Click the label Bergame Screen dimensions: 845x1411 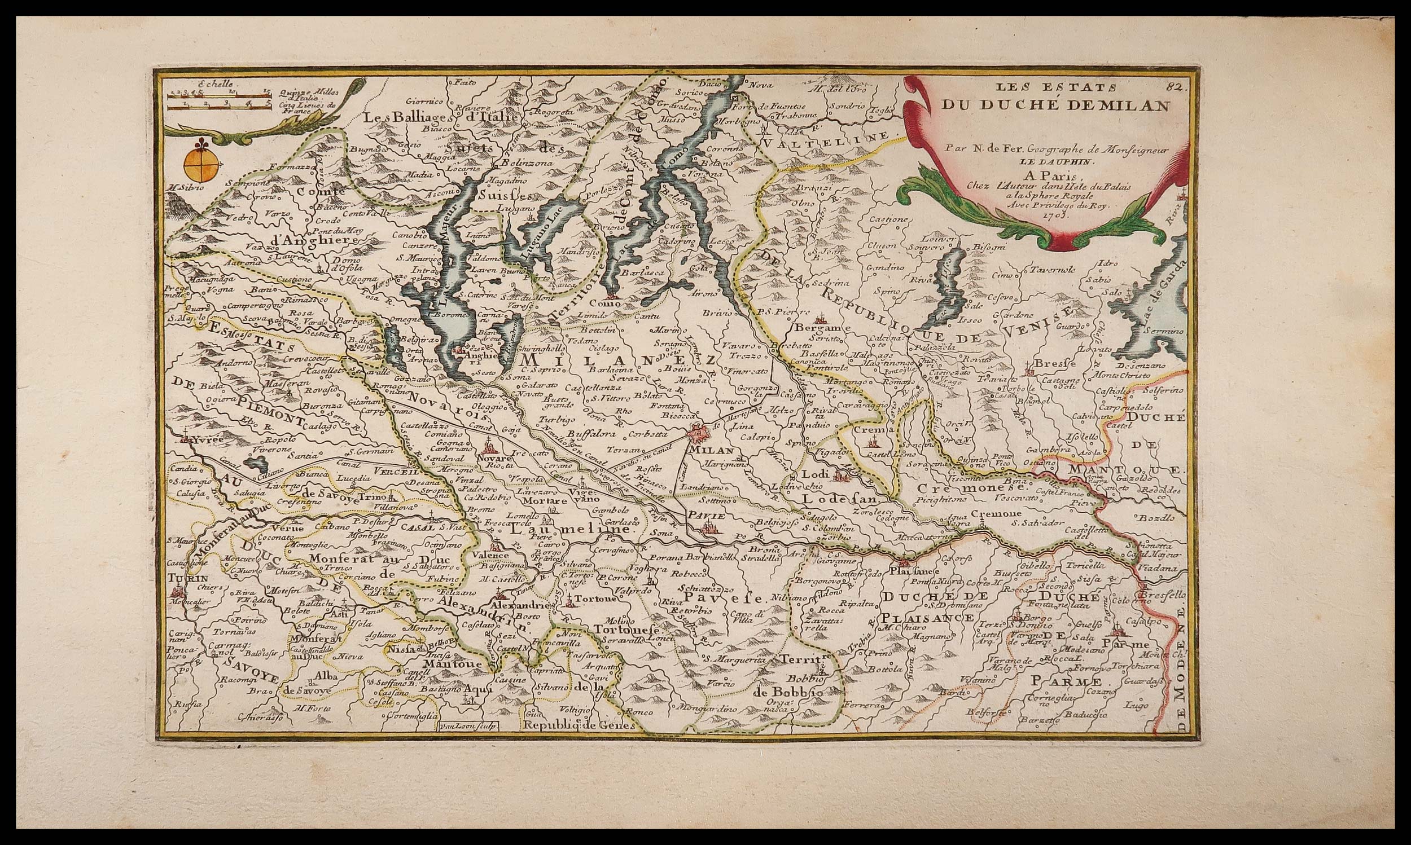[818, 329]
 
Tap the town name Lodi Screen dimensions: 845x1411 [814, 474]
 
